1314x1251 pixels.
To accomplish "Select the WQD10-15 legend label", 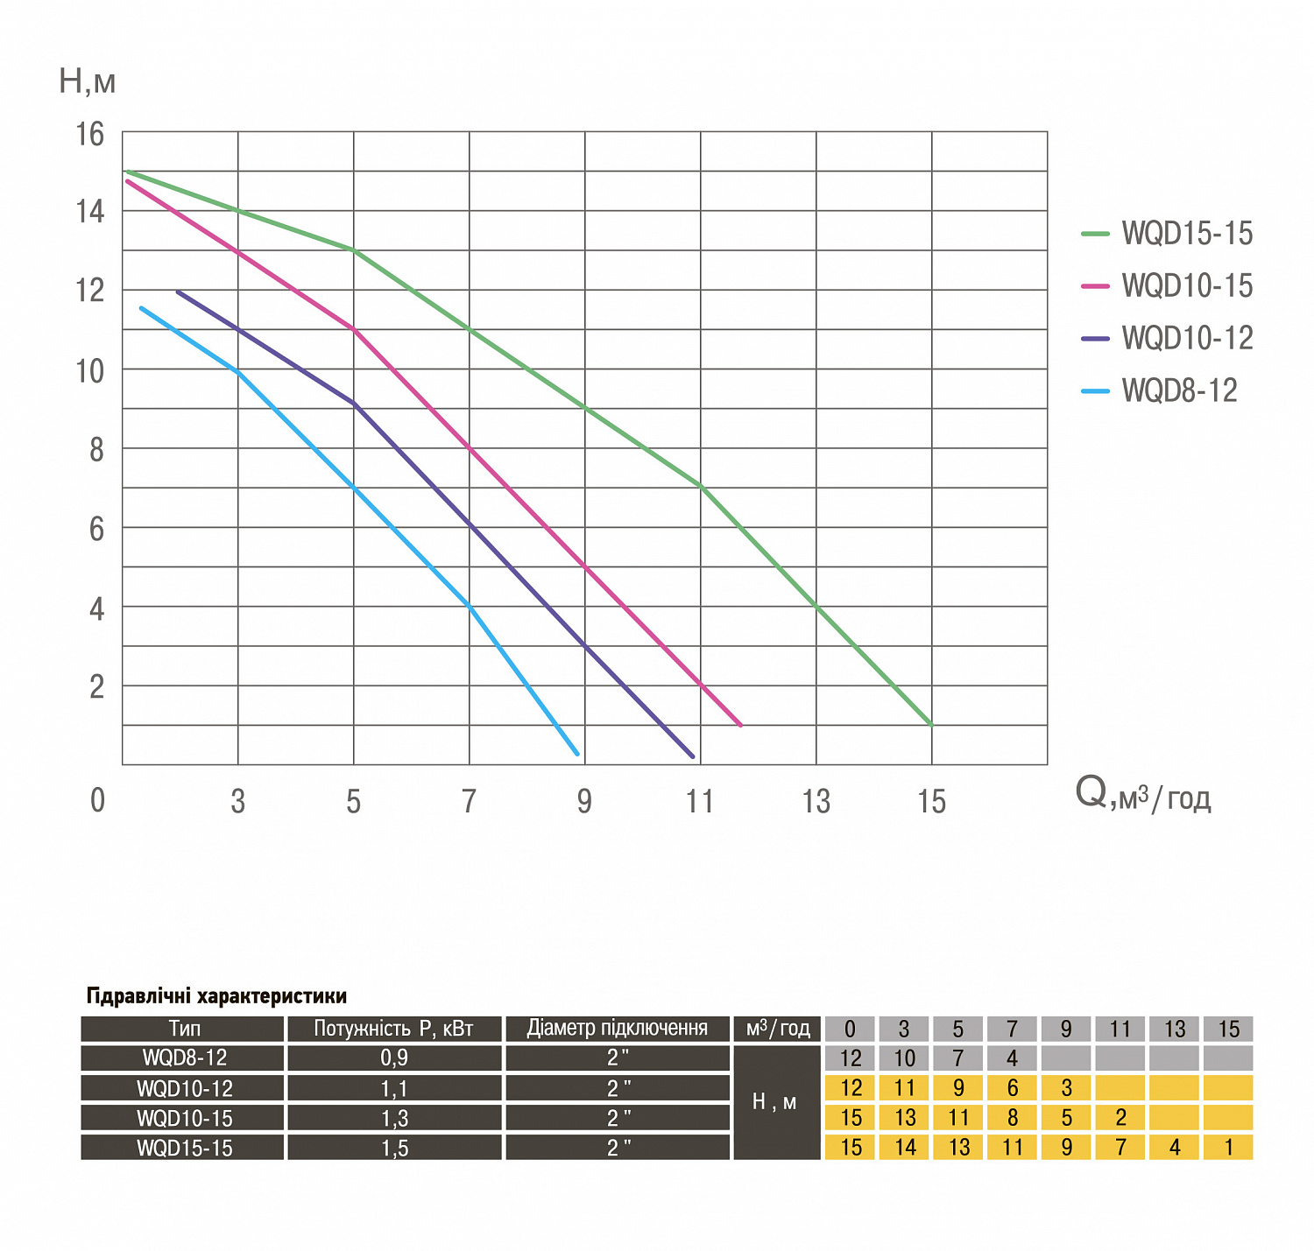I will pyautogui.click(x=1186, y=286).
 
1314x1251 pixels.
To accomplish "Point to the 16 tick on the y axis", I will pyautogui.click(x=89, y=135).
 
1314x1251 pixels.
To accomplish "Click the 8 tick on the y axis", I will pyautogui.click(x=95, y=450).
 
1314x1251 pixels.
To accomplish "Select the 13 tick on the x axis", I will pyautogui.click(x=816, y=801).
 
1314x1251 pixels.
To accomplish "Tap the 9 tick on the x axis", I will pyautogui.click(x=584, y=801).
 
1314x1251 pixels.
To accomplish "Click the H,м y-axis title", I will pyautogui.click(x=87, y=81).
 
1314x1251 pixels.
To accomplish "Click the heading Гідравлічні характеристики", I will pyautogui.click(x=216, y=996).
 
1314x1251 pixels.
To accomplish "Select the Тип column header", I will pyautogui.click(x=184, y=1029).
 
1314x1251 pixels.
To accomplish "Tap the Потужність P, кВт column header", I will pyautogui.click(x=393, y=1029).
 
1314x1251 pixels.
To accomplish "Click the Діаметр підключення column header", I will pyautogui.click(x=617, y=1029).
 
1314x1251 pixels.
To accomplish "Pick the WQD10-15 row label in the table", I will pyautogui.click(x=184, y=1118).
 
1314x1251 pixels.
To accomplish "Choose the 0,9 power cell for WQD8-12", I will pyautogui.click(x=393, y=1058).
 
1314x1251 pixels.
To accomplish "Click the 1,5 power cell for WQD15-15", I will pyautogui.click(x=393, y=1148).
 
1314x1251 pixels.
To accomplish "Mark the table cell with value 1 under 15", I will pyautogui.click(x=1228, y=1148).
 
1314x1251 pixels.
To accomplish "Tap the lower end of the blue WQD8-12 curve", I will pyautogui.click(x=577, y=754).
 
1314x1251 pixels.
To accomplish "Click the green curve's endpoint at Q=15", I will pyautogui.click(x=931, y=725).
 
